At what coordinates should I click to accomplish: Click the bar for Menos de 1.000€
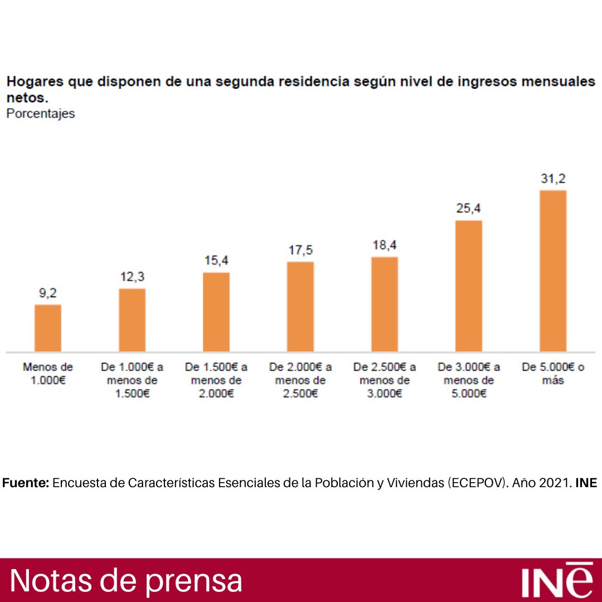pos(48,328)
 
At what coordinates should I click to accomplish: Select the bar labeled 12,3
pos(132,321)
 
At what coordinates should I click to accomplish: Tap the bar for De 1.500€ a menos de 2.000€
pos(216,312)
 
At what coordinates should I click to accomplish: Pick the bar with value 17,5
pos(300,307)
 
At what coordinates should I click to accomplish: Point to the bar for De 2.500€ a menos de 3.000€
pos(385,304)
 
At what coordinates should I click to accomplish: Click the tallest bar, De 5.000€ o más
pos(553,271)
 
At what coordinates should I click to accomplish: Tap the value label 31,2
pos(553,179)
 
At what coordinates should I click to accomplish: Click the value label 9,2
pos(48,293)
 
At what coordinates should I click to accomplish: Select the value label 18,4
pos(385,245)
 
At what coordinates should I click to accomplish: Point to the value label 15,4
pos(216,261)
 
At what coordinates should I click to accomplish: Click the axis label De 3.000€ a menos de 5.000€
pos(469,381)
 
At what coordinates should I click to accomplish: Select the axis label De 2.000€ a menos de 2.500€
pos(300,381)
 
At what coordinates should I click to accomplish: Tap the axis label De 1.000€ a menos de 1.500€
pos(132,381)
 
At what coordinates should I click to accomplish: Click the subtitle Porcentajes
pos(40,114)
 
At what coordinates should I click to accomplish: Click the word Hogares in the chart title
pos(33,82)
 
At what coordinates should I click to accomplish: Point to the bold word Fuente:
pos(26,483)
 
